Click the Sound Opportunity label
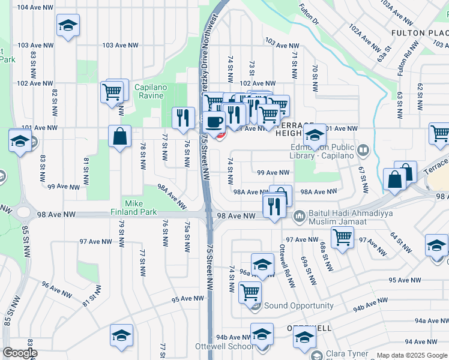coord(298,305)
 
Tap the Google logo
coord(20,353)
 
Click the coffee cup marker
coord(214,122)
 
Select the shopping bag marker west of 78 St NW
coord(120,135)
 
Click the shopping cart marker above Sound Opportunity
coord(250,293)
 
